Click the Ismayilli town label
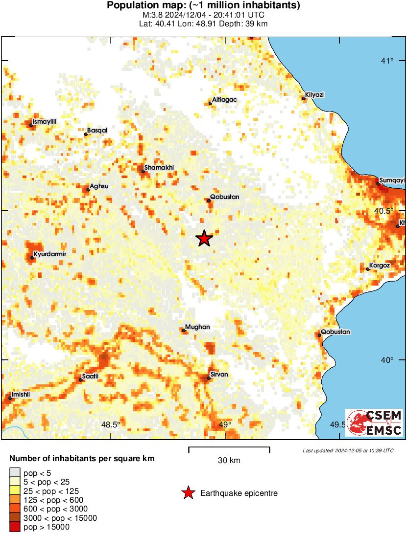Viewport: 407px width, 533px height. (44, 121)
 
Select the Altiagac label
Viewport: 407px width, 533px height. (224, 99)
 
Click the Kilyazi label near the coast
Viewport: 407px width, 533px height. (314, 94)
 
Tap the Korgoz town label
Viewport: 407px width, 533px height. (380, 265)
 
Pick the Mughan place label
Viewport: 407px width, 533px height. (197, 327)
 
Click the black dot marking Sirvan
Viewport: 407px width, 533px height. (209, 378)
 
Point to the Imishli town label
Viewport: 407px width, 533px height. (21, 394)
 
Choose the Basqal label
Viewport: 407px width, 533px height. (97, 131)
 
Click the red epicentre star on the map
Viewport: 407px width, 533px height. (204, 239)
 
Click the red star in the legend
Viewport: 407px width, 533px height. (188, 493)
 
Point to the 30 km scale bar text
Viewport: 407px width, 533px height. (229, 460)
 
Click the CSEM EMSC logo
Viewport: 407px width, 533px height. (374, 423)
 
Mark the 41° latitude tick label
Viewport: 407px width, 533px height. (388, 61)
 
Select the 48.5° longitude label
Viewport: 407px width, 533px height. (111, 424)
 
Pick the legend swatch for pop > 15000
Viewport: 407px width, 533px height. (15, 527)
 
